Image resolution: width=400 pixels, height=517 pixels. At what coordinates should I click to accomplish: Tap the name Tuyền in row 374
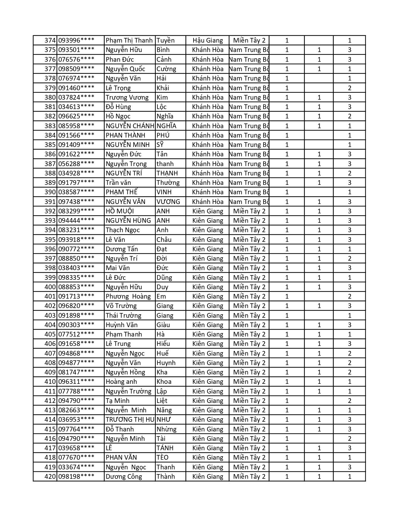coord(165,40)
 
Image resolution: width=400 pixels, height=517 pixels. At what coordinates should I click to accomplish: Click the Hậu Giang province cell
coord(208,40)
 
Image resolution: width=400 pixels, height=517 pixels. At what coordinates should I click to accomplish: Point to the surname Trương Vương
coord(127,97)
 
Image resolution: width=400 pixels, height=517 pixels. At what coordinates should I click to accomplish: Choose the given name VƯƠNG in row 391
coord(168,202)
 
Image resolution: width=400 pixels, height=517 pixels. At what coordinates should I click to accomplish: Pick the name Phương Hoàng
coord(128,296)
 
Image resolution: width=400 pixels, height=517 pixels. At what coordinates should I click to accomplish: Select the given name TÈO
coord(163,457)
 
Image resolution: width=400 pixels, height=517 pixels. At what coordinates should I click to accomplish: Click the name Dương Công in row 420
coord(124,477)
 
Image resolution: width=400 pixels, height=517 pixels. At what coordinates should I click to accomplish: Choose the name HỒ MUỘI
coord(120,211)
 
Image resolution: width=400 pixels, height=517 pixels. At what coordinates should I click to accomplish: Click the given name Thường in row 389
coord(168,183)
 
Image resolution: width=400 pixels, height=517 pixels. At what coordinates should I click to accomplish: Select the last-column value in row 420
coord(349,477)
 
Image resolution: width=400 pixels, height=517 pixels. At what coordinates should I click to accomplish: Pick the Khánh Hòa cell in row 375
coord(208,50)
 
